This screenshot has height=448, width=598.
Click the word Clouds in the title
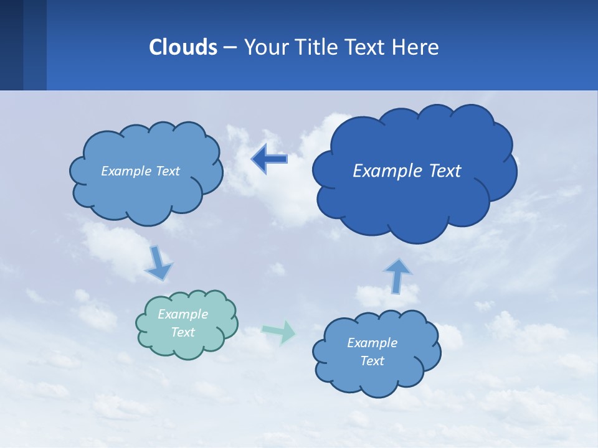pyautogui.click(x=183, y=47)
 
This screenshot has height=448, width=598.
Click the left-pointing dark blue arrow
pyautogui.click(x=270, y=159)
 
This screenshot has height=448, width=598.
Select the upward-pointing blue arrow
pyautogui.click(x=397, y=275)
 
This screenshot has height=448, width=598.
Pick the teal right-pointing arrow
pyautogui.click(x=280, y=332)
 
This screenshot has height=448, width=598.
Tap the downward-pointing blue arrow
pyautogui.click(x=158, y=263)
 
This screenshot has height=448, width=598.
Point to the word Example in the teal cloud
pyautogui.click(x=183, y=314)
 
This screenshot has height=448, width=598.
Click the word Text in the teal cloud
pyautogui.click(x=183, y=332)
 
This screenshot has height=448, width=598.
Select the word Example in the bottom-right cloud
pyautogui.click(x=372, y=342)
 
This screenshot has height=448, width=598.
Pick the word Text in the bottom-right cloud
pyautogui.click(x=372, y=361)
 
